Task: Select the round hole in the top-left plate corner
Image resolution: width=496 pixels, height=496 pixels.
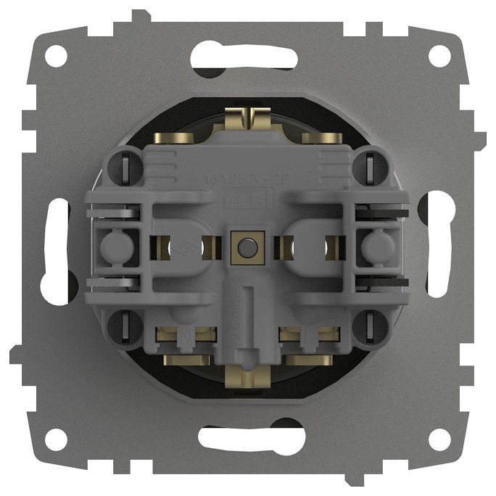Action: [x=56, y=55]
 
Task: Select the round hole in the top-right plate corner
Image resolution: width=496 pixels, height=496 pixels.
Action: [x=439, y=55]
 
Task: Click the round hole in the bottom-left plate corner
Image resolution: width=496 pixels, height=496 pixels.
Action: [x=56, y=439]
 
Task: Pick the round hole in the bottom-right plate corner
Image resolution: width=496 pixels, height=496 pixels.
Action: [x=439, y=439]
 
